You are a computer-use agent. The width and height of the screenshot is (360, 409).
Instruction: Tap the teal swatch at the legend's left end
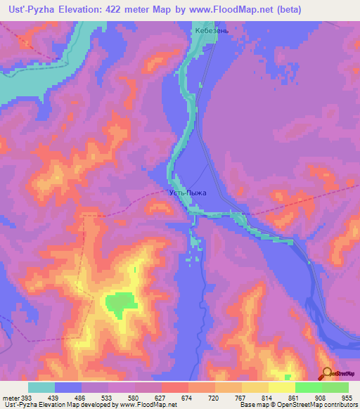(41, 387)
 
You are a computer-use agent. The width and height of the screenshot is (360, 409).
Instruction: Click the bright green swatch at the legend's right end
(335, 387)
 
